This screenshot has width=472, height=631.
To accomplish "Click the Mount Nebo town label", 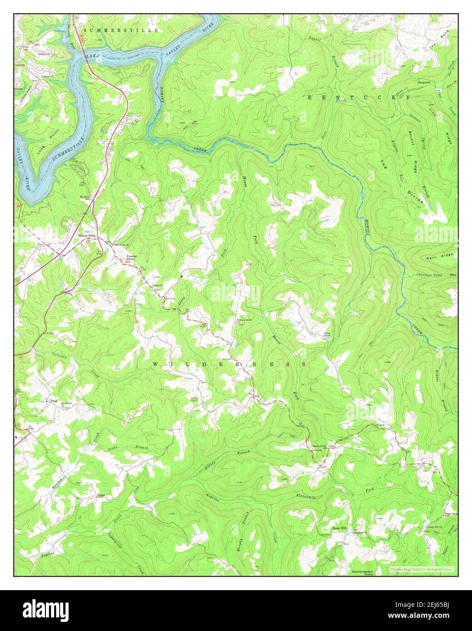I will pos(88,236).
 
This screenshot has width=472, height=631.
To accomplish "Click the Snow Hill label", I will pos(339,529).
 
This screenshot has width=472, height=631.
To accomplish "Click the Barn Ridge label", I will pos(437,258).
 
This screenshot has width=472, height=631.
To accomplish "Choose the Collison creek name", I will pos(60,357).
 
